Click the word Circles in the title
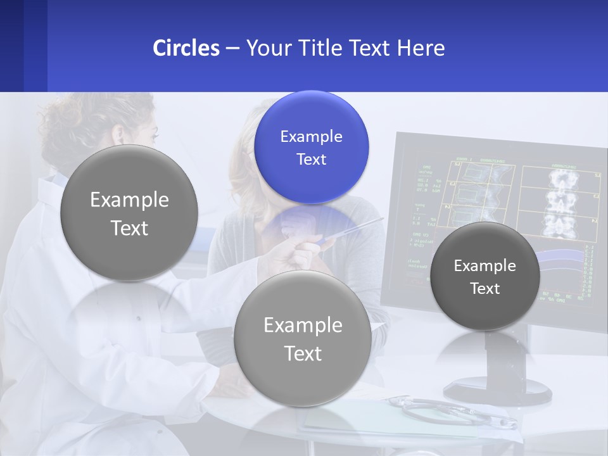click(186, 48)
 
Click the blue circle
click(311, 147)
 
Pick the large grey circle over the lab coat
click(129, 213)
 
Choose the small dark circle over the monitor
click(484, 276)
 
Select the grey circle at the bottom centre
click(302, 338)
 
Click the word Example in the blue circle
click(311, 136)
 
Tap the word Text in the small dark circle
click(484, 289)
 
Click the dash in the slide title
click(232, 49)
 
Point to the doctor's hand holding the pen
click(304, 250)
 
